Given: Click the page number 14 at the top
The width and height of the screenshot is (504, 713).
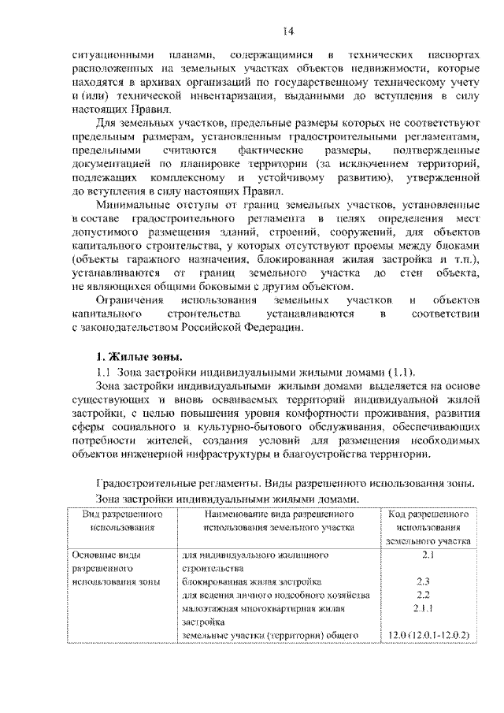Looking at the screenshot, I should pyautogui.click(x=288, y=32).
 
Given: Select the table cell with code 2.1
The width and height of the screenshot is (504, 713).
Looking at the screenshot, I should pyautogui.click(x=428, y=555).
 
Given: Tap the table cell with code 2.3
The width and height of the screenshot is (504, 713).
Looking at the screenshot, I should pyautogui.click(x=428, y=581).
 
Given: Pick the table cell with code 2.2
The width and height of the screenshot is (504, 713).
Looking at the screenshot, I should pyautogui.click(x=428, y=595).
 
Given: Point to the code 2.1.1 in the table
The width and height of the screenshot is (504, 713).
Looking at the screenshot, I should pyautogui.click(x=428, y=608).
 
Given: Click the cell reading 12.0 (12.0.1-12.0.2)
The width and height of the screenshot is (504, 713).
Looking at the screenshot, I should pyautogui.click(x=428, y=635).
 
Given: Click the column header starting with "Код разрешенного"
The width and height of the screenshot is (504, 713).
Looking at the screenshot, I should pyautogui.click(x=428, y=527).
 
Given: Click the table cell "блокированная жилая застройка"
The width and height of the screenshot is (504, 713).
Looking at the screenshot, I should pyautogui.click(x=250, y=581).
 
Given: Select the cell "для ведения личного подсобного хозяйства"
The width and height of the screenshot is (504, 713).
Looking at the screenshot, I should pyautogui.click(x=275, y=595).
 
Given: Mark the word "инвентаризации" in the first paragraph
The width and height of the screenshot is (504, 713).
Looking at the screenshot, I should pyautogui.click(x=216, y=96).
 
